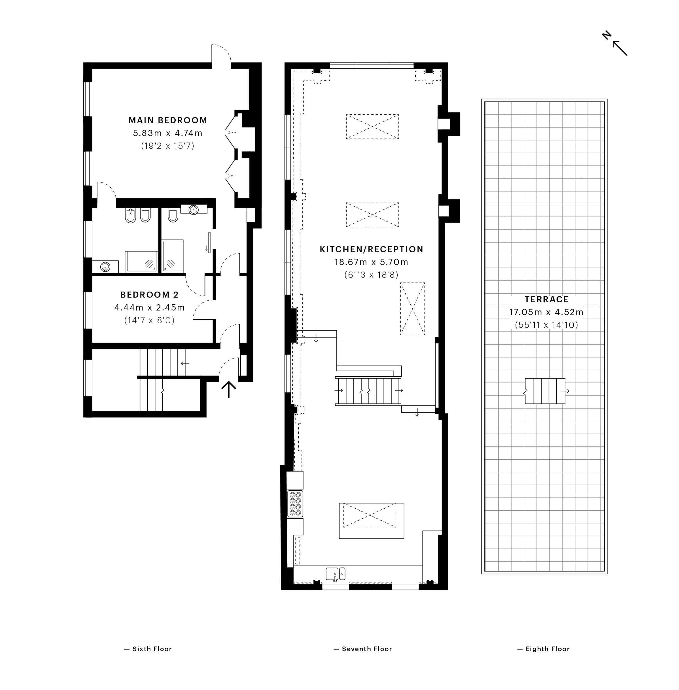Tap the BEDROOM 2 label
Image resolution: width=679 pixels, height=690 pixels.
[149, 294]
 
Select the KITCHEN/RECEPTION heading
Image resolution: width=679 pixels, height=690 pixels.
[371, 249]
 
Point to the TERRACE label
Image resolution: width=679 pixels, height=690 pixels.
[546, 299]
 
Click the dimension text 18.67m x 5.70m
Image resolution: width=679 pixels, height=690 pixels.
[371, 262]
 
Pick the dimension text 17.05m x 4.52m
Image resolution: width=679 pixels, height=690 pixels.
[546, 312]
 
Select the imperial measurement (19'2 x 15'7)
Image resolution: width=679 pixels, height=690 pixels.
[167, 145]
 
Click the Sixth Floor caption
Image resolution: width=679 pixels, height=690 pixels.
[148, 649]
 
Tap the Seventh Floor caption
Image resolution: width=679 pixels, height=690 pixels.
[363, 649]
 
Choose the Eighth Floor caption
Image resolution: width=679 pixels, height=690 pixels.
[544, 649]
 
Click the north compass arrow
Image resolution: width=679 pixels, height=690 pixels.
[620, 48]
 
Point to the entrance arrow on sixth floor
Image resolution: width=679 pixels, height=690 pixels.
[229, 389]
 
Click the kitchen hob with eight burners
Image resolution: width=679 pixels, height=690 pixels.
[295, 504]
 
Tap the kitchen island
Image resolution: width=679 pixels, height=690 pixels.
[371, 521]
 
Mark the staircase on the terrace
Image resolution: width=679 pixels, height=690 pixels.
[545, 391]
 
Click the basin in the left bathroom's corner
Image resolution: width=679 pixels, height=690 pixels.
[105, 266]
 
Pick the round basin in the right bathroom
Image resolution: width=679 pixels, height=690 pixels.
[194, 209]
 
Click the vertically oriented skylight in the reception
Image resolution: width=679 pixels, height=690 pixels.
[412, 309]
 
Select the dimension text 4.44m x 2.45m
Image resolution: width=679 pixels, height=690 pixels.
[149, 307]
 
